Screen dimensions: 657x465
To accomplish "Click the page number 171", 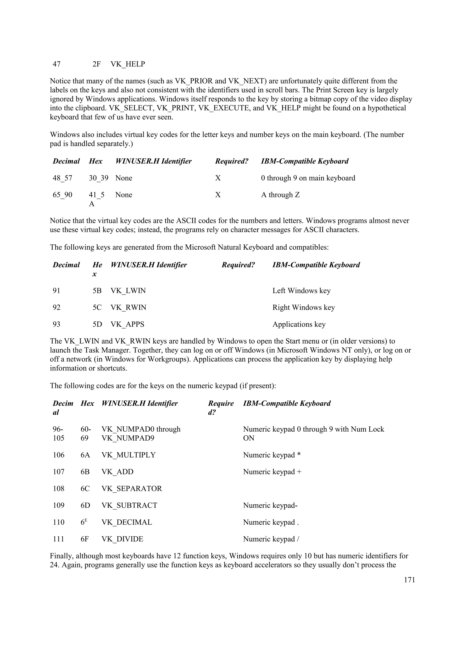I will (x=409, y=580).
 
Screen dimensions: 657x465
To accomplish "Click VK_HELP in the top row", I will (x=128, y=64).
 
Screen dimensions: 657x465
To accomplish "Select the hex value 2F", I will (x=96, y=64).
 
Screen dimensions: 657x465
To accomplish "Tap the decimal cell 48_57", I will (x=62, y=178).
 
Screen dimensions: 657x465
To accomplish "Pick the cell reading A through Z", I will (x=280, y=195).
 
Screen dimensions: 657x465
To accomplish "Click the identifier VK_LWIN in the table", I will (x=128, y=291).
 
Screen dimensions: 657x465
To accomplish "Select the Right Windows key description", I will (x=303, y=308).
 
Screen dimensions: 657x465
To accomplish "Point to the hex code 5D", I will (x=97, y=324).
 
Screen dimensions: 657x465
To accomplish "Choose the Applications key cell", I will (x=299, y=324).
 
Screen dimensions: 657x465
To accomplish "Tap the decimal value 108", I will (x=59, y=489).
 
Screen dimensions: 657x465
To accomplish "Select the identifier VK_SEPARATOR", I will (x=131, y=489).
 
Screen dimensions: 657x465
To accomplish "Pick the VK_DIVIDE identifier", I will (x=122, y=539).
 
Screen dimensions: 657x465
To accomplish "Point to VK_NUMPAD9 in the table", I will (x=128, y=438).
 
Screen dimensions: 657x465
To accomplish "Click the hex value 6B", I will (x=85, y=472).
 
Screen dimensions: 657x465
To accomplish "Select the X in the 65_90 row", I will (x=218, y=195).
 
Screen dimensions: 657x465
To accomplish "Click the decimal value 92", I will (x=57, y=308).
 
